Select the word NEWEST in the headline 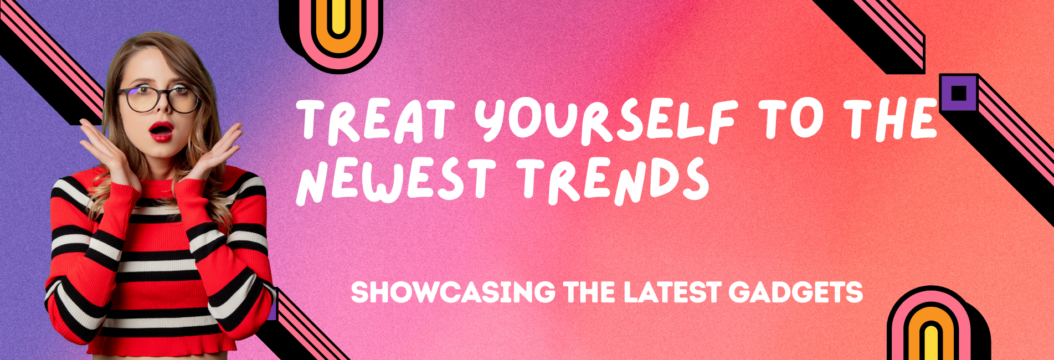click(395, 179)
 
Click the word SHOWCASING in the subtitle click(453, 292)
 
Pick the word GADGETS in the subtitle click(796, 292)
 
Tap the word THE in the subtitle click(589, 292)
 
